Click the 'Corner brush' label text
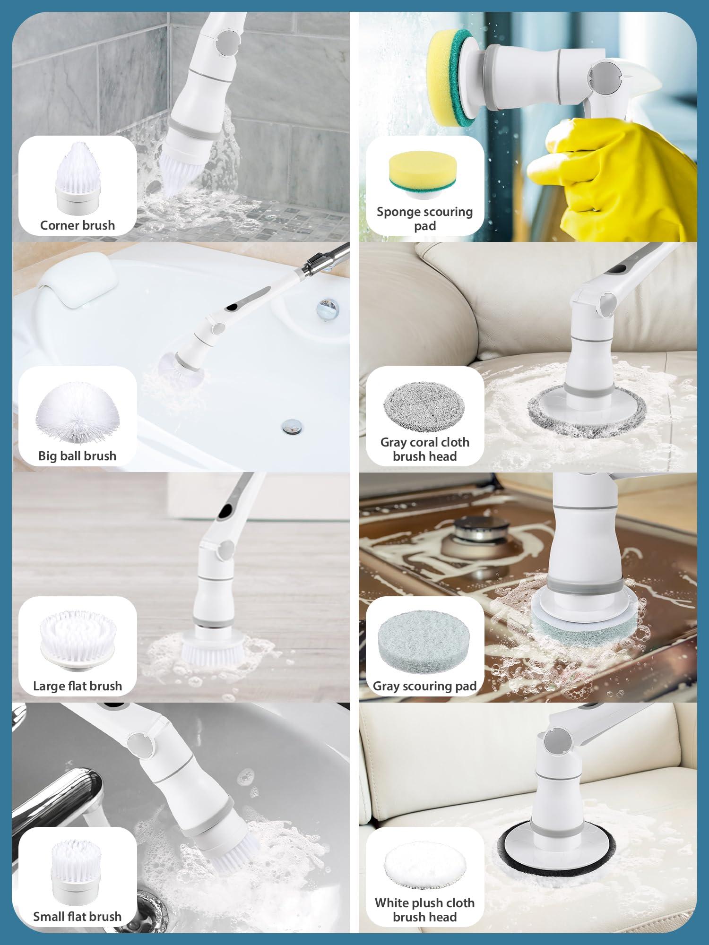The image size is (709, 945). click(78, 225)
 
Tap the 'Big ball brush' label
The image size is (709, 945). click(78, 456)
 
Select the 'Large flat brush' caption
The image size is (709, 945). click(78, 686)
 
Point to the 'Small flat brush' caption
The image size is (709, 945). click(78, 917)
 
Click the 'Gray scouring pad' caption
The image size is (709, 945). click(424, 686)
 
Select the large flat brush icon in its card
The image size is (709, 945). click(78, 640)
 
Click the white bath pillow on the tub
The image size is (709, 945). click(76, 289)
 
